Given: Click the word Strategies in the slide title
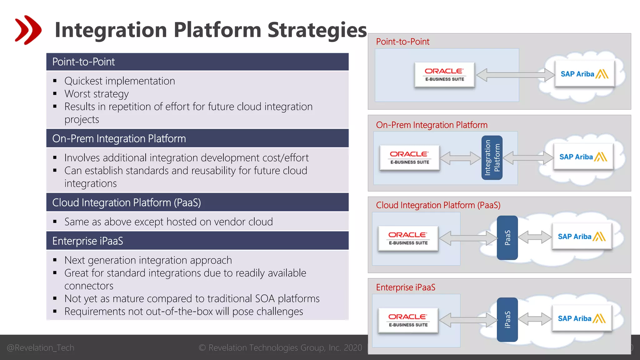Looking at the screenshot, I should tap(317, 30).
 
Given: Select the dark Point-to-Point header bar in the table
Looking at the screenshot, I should tap(197, 62).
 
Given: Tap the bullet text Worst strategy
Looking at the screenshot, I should tap(96, 94).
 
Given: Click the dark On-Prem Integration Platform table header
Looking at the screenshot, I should tap(197, 138).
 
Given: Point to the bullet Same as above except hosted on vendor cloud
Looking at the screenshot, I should tap(168, 222).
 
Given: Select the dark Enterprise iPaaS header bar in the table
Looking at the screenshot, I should tap(197, 241).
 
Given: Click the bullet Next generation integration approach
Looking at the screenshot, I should tap(148, 260).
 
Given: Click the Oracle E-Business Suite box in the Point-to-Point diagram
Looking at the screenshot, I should tap(444, 75).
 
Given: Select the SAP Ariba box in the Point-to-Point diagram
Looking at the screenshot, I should tap(584, 74).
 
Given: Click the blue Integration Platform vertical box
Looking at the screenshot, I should tap(492, 157).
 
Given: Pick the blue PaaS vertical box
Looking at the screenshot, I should tap(507, 238).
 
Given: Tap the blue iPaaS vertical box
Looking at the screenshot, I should tap(507, 319).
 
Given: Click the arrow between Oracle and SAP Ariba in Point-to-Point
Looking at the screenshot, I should tap(515, 75).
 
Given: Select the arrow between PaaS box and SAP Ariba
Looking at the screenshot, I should tap(535, 237).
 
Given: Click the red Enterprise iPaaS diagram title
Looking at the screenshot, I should tap(405, 287).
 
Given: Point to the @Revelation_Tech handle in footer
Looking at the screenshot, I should tap(40, 347).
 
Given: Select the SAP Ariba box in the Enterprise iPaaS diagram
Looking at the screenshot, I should tap(581, 318).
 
